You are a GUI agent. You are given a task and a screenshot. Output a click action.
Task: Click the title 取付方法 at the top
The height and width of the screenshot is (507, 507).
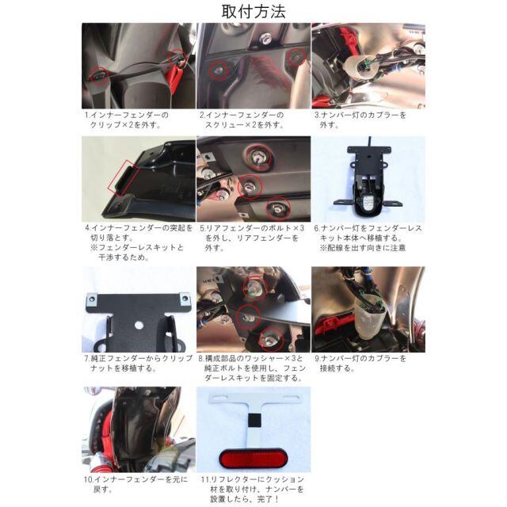click(253, 11)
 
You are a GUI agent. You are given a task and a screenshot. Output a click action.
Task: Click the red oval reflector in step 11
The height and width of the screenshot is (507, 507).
click(253, 458)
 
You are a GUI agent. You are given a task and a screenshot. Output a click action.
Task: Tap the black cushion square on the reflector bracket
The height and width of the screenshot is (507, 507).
click(254, 421)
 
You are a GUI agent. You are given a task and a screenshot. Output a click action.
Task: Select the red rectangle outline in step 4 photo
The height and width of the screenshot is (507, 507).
click(124, 178)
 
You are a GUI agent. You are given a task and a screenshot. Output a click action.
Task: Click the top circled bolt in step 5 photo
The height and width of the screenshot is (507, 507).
click(259, 158)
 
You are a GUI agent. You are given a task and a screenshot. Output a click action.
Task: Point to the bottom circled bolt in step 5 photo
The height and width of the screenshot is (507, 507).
click(278, 208)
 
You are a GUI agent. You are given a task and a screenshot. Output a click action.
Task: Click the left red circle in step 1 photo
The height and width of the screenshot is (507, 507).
click(99, 76)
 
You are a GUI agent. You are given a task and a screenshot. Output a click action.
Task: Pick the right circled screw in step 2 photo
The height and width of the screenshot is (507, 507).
click(296, 57)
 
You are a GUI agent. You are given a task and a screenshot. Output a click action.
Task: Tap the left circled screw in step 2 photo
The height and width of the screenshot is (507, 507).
click(219, 71)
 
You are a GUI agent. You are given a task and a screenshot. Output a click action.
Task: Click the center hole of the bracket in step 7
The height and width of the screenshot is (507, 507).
click(139, 325)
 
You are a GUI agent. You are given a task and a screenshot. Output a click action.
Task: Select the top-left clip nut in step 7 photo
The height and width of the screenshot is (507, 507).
click(93, 299)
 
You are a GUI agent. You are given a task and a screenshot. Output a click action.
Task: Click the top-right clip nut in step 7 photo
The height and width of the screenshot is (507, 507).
click(185, 299)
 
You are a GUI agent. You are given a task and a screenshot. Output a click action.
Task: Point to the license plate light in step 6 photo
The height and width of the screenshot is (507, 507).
click(368, 203)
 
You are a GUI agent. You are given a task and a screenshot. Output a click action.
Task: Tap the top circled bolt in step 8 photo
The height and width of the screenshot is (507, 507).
click(255, 287)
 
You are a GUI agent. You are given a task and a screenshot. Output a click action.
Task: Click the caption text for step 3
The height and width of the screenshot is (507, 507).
click(360, 120)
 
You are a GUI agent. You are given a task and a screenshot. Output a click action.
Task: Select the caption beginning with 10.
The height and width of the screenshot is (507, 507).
click(135, 484)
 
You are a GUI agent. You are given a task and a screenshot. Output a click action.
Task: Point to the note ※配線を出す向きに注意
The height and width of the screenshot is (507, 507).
click(363, 248)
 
